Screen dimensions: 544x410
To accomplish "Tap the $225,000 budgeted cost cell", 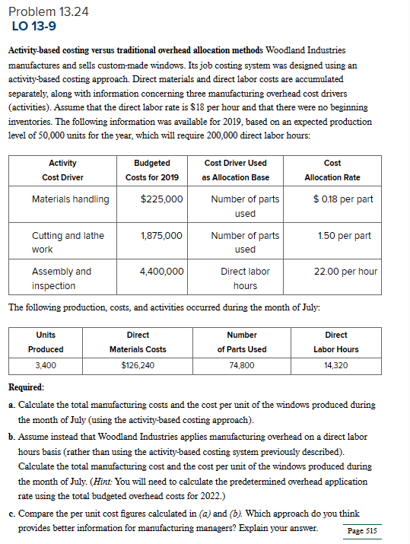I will pyautogui.click(x=161, y=199).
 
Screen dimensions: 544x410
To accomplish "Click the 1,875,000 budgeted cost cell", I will pyautogui.click(x=161, y=236).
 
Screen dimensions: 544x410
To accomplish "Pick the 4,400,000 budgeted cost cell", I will pyautogui.click(x=161, y=272).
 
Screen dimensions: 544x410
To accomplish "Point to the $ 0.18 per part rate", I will pyautogui.click(x=343, y=199).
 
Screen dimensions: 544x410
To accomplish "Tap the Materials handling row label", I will pyautogui.click(x=70, y=199).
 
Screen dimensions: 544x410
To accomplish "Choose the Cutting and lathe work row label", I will pyautogui.click(x=68, y=243).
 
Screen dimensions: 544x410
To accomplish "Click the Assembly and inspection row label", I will pyautogui.click(x=61, y=278).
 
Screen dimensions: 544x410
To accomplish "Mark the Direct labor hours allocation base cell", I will pyautogui.click(x=245, y=278).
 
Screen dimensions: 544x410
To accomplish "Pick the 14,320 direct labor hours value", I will pyautogui.click(x=335, y=365).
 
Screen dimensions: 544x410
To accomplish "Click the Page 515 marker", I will pyautogui.click(x=361, y=530).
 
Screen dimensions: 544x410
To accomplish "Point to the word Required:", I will pyautogui.click(x=39, y=387).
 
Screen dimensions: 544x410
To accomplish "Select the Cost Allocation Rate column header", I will pyautogui.click(x=332, y=170).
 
